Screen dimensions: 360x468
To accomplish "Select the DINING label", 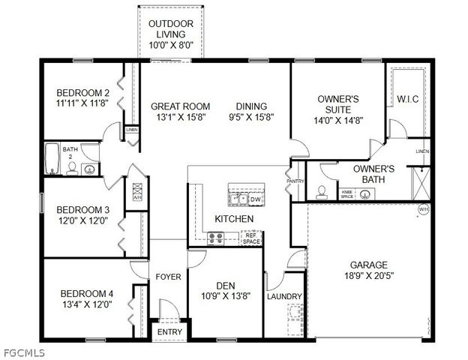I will tap(251, 106).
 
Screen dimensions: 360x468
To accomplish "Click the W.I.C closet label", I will tap(407, 98).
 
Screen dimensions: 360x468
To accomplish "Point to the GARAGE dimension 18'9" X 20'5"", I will tap(368, 276).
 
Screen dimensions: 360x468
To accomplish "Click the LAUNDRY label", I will tap(284, 296).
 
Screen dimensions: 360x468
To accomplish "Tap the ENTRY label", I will tap(169, 331).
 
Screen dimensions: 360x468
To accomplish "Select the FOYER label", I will tap(168, 277).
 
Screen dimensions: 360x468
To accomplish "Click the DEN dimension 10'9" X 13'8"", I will tap(225, 296).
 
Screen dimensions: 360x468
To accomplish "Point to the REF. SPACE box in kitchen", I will tap(251, 238).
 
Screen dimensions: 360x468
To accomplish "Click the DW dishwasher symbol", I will tap(255, 199).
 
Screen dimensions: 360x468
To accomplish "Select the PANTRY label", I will tap(294, 181).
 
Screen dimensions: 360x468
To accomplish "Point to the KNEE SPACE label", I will tap(347, 193).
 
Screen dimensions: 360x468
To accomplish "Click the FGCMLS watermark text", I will tap(23, 352).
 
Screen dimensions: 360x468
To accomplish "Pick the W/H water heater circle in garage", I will tap(422, 209).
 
